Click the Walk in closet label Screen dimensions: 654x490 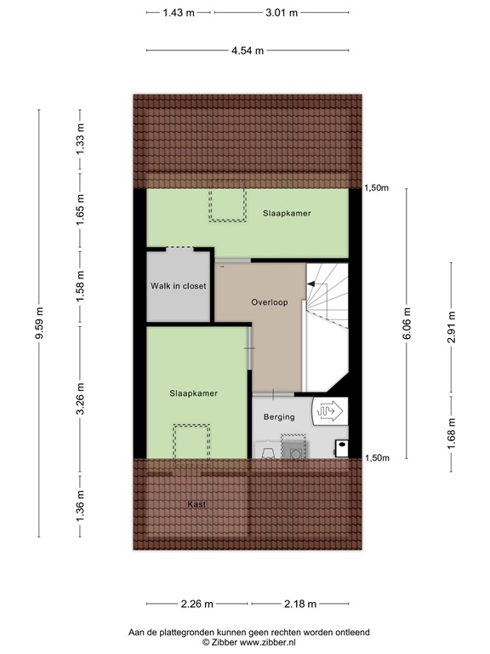[179, 286]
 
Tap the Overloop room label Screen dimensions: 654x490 [270, 302]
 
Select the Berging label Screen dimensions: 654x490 [279, 417]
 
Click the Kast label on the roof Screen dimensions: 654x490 [197, 505]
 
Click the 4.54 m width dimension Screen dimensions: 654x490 [247, 50]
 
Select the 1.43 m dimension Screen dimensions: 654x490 [179, 13]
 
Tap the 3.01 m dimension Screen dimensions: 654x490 [282, 13]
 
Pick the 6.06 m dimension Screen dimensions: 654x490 [407, 323]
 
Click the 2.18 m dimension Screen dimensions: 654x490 [299, 605]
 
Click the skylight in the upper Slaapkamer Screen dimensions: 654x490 [225, 206]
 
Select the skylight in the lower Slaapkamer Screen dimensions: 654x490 [190, 442]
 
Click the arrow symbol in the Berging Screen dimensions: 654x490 [330, 411]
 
